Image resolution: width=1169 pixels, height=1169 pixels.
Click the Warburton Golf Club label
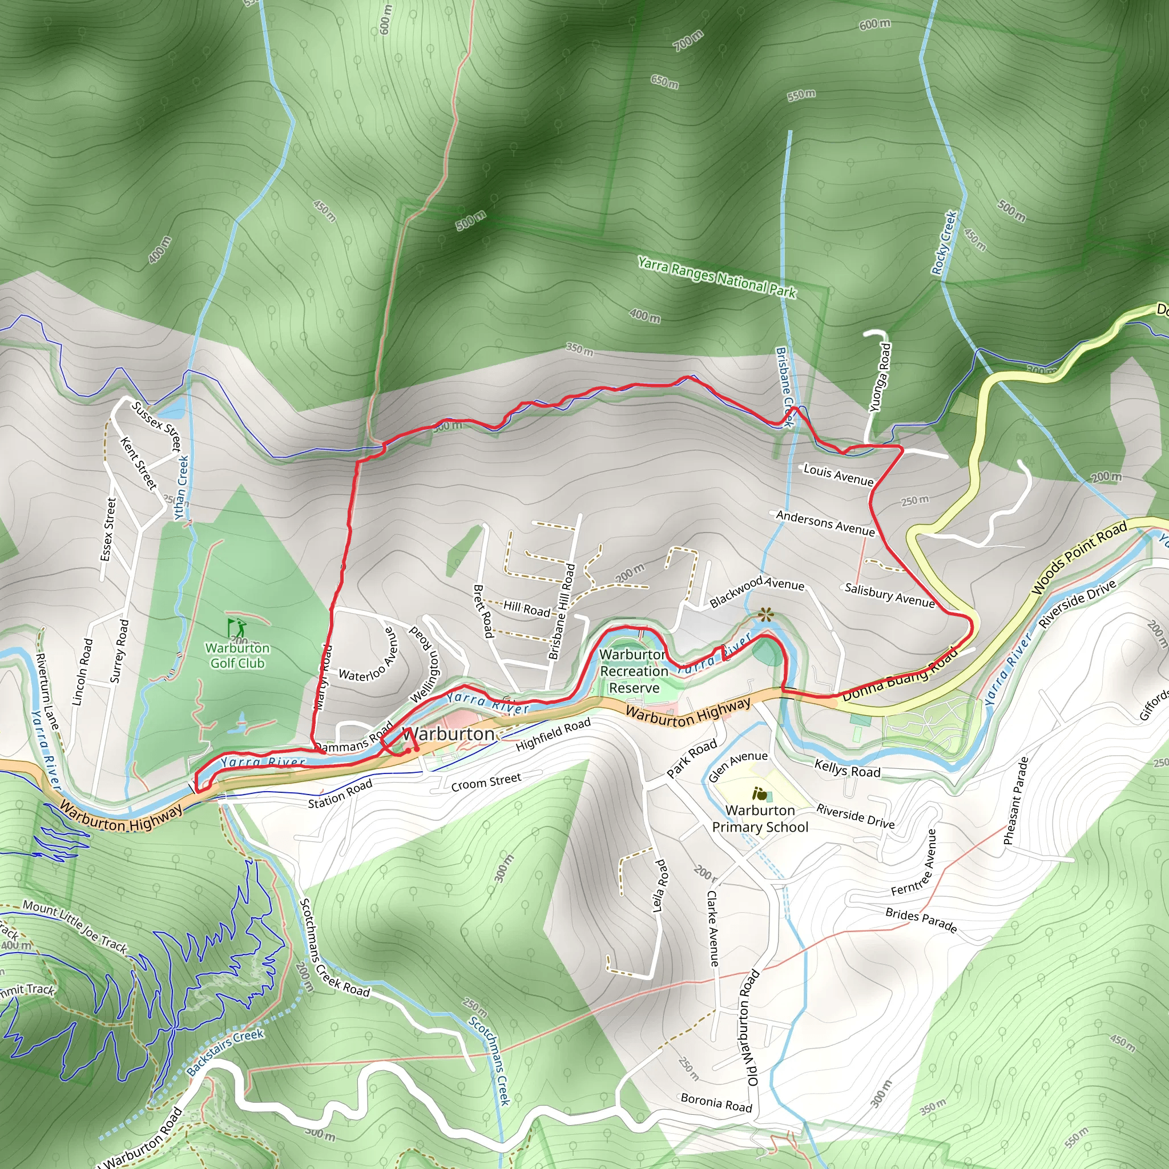[x=237, y=656]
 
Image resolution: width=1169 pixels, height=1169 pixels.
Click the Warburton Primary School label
[x=760, y=819]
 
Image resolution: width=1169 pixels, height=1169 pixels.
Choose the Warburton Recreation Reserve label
[x=634, y=671]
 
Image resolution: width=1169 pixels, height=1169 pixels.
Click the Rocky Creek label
[x=944, y=242]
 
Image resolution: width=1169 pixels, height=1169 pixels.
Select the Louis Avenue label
[x=838, y=475]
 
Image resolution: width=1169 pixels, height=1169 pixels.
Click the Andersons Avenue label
[x=825, y=523]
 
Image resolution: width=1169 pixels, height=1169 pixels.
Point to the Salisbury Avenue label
[x=889, y=595]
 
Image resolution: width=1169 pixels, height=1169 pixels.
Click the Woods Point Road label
[x=1079, y=557]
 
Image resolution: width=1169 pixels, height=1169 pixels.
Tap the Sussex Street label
[x=156, y=426]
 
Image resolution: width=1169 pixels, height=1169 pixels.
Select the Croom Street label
[x=486, y=782]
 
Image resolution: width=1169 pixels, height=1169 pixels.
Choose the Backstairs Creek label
[x=225, y=1051]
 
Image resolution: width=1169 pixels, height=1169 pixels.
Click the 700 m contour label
[x=688, y=40]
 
